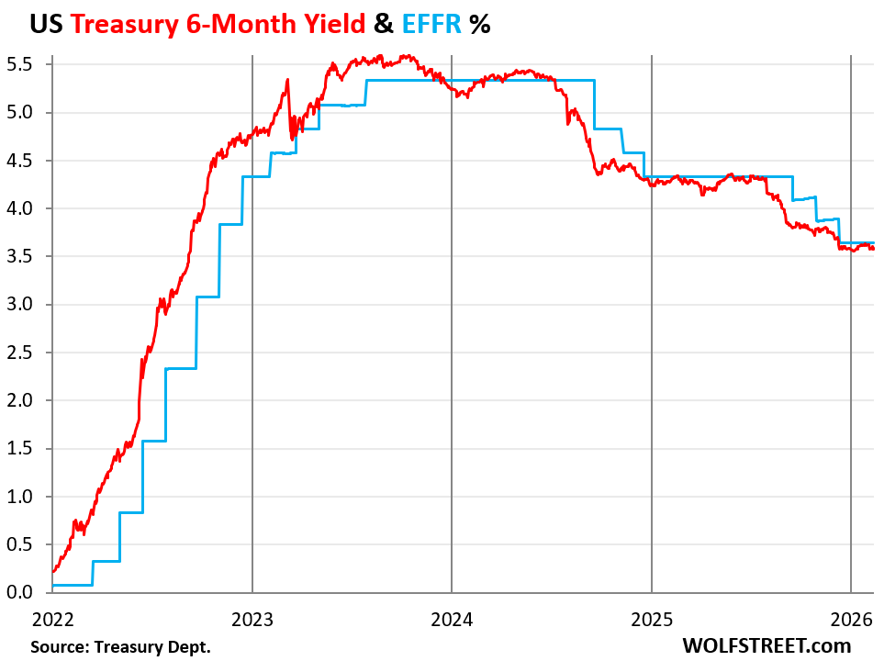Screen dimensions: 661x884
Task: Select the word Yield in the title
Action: (x=330, y=24)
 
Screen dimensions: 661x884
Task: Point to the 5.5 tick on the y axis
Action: (x=20, y=64)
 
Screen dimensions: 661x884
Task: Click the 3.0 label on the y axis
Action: (x=20, y=304)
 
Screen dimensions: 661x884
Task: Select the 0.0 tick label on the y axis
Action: (x=20, y=592)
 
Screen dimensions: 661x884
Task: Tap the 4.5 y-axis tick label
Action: (x=20, y=161)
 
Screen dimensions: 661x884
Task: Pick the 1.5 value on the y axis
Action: (x=20, y=448)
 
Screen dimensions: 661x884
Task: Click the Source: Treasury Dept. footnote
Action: (x=120, y=647)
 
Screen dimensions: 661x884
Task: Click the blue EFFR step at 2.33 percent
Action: (x=181, y=368)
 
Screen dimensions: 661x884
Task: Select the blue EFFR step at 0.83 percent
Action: (x=131, y=512)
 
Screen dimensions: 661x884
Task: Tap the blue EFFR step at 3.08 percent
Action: (x=208, y=297)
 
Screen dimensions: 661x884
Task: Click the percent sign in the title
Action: (x=479, y=24)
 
